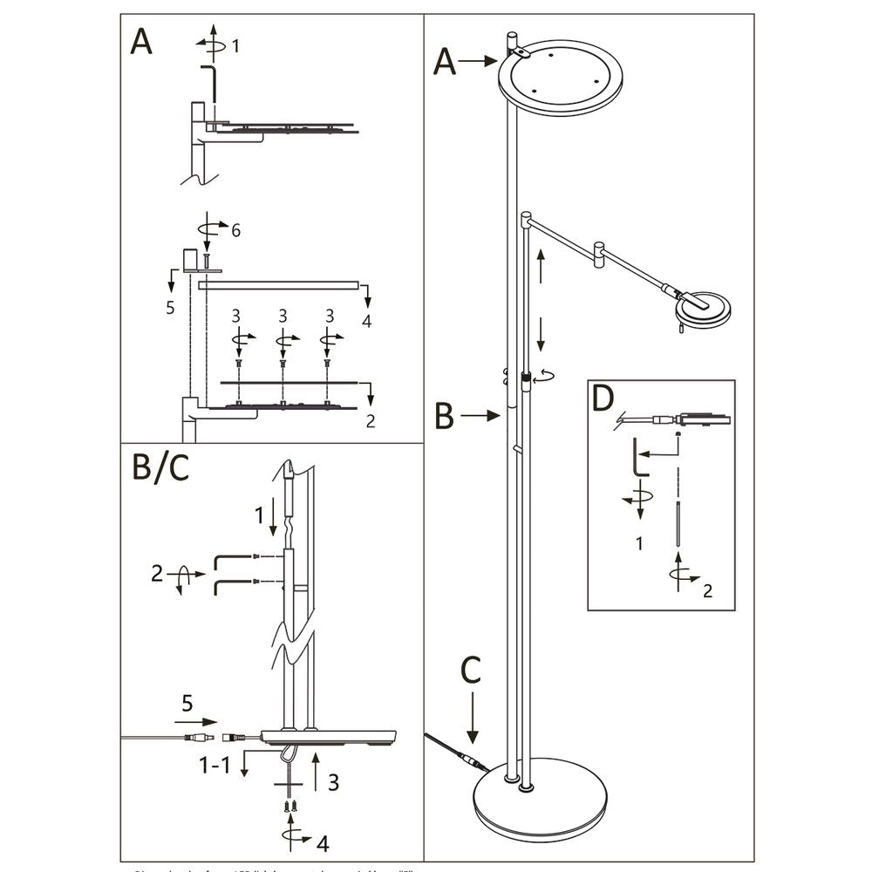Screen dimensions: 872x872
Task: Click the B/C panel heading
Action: (x=160, y=467)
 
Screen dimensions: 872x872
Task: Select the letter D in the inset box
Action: (x=603, y=399)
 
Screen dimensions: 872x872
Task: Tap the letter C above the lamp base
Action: (x=471, y=671)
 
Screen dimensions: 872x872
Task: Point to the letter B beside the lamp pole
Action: (x=446, y=418)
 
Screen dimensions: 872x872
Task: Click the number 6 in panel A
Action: (x=235, y=231)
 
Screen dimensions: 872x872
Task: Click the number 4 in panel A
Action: (x=367, y=321)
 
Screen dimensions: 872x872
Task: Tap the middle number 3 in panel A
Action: (x=282, y=315)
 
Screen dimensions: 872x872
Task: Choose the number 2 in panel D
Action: (x=707, y=590)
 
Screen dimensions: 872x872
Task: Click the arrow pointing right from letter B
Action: (x=480, y=418)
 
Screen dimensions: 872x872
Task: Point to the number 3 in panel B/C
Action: (x=333, y=781)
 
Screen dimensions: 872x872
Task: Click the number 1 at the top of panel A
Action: (x=235, y=43)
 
